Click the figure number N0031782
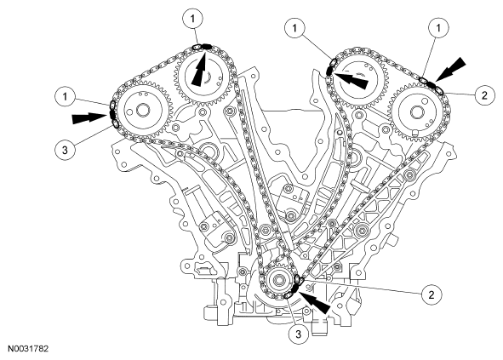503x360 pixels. (x=28, y=349)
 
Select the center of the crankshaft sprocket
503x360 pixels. (x=278, y=285)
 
